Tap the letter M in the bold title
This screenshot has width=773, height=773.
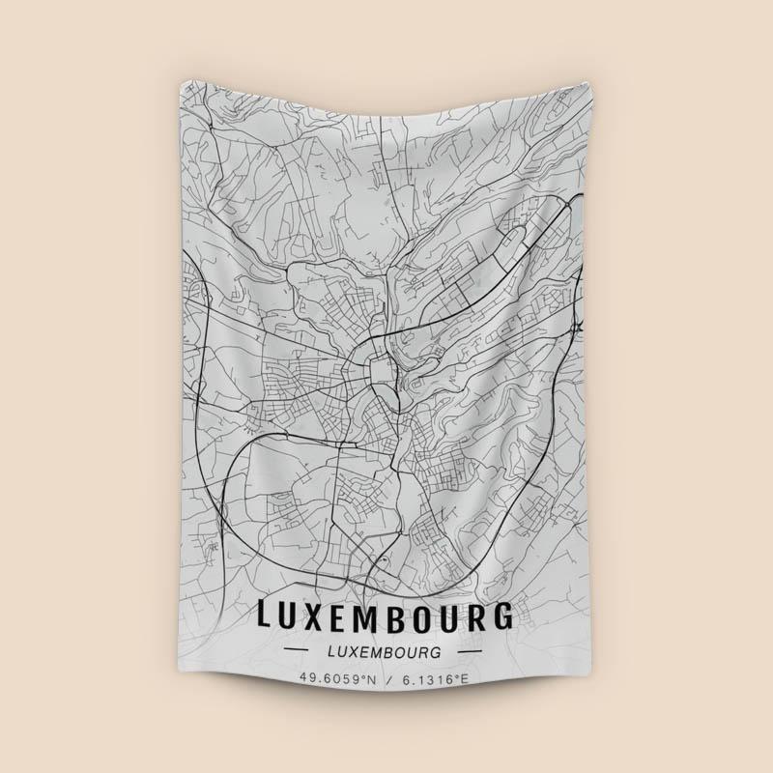click(382, 616)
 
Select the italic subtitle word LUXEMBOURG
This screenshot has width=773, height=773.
click(385, 652)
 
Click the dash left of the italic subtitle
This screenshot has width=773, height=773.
click(299, 652)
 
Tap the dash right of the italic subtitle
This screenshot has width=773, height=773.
click(471, 652)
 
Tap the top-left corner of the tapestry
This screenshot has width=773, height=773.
click(182, 83)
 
